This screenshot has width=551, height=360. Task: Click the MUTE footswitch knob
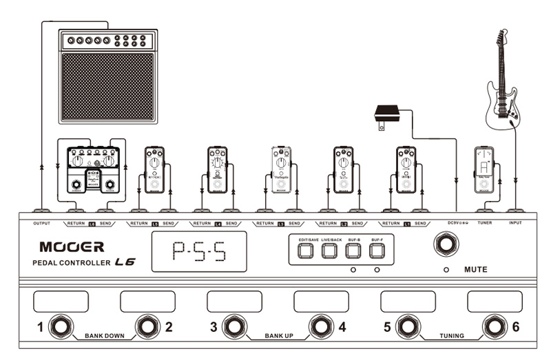446,246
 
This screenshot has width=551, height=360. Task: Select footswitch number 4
320,326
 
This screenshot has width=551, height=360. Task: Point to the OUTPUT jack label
43,223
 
